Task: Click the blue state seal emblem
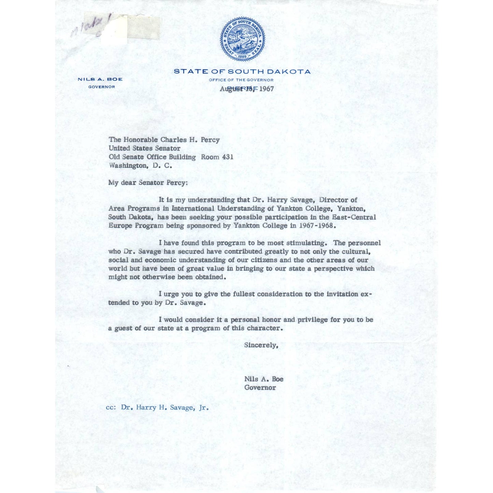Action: click(242, 39)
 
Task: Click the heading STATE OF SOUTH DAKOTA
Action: click(242, 72)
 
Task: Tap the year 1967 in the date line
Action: click(266, 89)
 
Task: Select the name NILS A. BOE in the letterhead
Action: click(100, 79)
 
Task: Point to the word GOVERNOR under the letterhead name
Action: click(102, 87)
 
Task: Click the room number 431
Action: click(228, 157)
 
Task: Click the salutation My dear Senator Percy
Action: click(148, 183)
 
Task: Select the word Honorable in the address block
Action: click(140, 140)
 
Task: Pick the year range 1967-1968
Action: click(317, 226)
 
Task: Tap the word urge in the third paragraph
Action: click(171, 294)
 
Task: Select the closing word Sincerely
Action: click(261, 345)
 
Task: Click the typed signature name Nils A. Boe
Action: click(264, 379)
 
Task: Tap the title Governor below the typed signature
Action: click(260, 388)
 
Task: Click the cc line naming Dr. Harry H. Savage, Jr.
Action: click(157, 407)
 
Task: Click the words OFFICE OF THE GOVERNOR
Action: click(241, 80)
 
